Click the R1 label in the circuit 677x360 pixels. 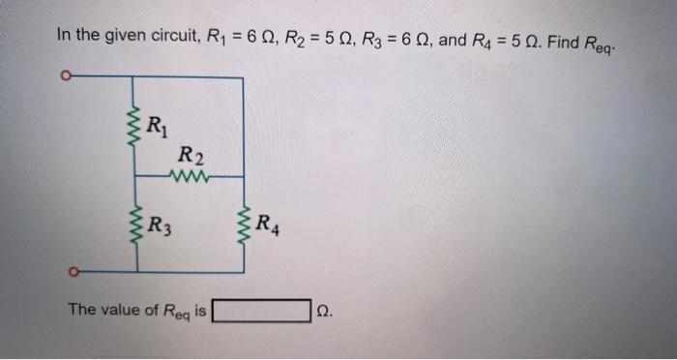tap(156, 123)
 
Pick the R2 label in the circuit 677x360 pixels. tap(191, 155)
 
